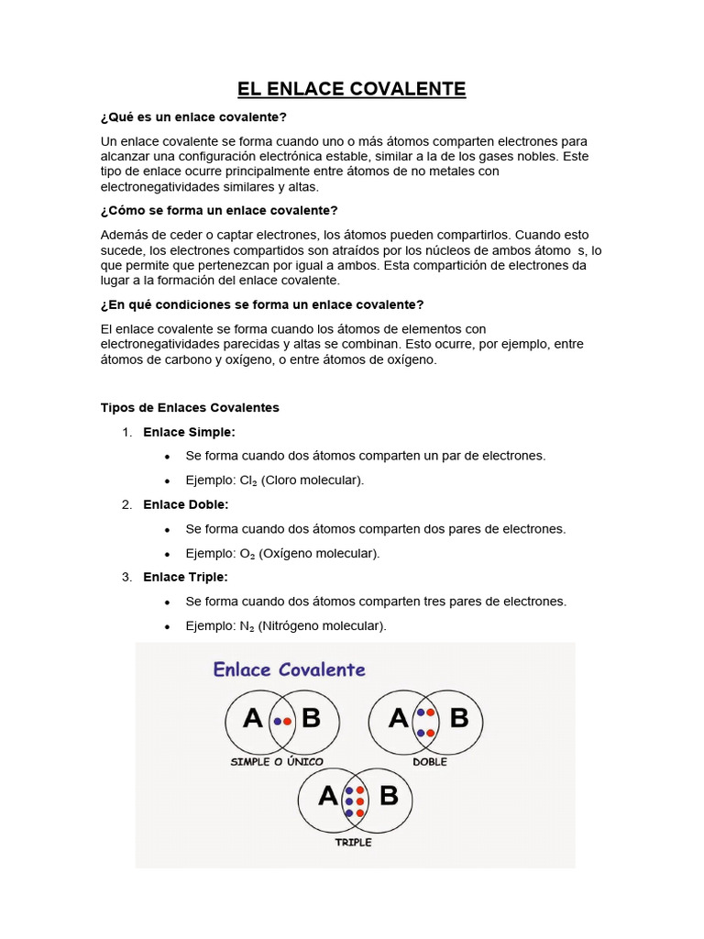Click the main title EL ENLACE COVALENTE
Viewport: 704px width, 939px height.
(352, 89)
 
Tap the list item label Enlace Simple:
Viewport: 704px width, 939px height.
(189, 432)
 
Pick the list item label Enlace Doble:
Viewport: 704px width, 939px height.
(186, 504)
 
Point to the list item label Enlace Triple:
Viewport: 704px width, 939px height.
(185, 577)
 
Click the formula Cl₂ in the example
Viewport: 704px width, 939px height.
(248, 481)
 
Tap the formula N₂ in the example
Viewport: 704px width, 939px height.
(248, 626)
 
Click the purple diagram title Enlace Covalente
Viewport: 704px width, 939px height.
(289, 669)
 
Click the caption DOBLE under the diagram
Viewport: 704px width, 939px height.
(430, 762)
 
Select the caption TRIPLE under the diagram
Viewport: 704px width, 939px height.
(354, 842)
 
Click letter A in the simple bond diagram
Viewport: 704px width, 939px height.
(253, 719)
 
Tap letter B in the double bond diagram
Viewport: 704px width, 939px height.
(459, 717)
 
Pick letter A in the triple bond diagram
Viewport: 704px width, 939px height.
(327, 796)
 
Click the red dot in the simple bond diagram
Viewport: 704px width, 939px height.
(287, 722)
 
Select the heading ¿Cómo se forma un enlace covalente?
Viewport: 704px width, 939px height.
(219, 211)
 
